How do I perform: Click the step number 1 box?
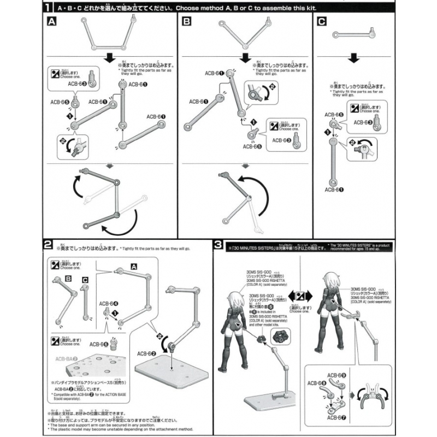coord(49,8)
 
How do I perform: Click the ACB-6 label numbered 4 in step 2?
coord(109,302)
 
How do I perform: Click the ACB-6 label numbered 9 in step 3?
coord(335,375)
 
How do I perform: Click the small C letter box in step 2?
coord(85,280)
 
